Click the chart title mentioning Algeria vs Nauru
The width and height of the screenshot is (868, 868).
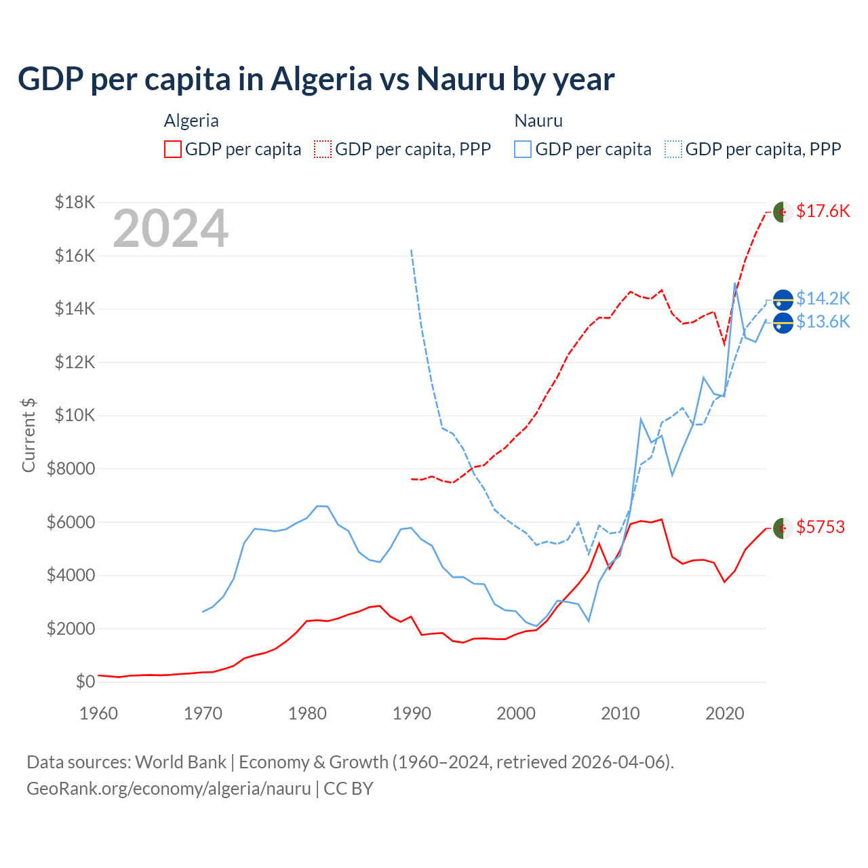coord(316,79)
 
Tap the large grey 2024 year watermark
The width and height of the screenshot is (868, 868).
coord(170,229)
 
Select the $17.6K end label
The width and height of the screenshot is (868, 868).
coord(823,211)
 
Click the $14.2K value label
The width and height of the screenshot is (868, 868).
coord(823,298)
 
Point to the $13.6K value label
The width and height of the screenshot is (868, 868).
coord(823,321)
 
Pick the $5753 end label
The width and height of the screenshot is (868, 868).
coord(821,527)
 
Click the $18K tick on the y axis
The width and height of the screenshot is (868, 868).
coord(75,202)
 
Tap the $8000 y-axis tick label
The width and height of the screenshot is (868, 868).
coord(71,469)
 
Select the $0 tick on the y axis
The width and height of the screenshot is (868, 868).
coord(85,682)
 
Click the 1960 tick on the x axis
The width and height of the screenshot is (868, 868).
coord(99,713)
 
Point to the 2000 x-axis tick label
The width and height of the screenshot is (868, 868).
coord(516,713)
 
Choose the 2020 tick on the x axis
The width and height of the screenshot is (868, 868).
coord(725,713)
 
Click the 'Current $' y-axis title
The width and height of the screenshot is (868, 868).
coord(28,435)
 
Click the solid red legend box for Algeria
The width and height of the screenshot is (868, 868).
coord(173,149)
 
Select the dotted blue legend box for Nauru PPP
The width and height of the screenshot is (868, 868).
coord(673,149)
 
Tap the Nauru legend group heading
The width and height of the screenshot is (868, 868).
coord(538,121)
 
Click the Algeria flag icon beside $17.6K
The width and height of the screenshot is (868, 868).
coord(783,212)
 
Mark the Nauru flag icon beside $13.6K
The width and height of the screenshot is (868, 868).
coord(783,323)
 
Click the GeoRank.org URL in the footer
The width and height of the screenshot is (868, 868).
coord(168,789)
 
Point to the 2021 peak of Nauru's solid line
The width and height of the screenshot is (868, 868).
coord(735,283)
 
